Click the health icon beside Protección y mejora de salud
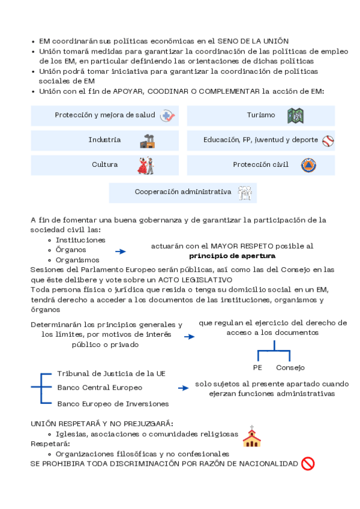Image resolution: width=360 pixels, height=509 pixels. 167,116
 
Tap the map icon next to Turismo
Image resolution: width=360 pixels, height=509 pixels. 295,115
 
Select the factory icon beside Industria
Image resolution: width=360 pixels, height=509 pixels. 148,140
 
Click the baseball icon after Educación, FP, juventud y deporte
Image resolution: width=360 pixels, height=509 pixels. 328,140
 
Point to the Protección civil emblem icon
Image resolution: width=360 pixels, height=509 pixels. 308,165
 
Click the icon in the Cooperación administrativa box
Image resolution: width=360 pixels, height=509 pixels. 244,193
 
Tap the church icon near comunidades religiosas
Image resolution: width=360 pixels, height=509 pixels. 251,437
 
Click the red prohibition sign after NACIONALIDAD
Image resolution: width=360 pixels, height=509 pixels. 308,463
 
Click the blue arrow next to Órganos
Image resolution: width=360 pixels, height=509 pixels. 121,252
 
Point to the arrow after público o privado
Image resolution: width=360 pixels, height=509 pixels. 190,337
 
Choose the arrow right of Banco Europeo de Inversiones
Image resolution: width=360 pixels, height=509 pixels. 183,388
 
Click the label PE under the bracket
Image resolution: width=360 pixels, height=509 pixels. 257,367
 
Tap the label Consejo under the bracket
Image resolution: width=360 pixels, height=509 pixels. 290,367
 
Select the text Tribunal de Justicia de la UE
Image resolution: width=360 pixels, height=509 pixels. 111,373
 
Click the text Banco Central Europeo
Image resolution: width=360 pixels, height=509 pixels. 100,388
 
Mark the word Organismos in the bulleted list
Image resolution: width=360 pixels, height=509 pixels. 77,260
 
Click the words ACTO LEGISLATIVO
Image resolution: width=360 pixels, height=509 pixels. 197,280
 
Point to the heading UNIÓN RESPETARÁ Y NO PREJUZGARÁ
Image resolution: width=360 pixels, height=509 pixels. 102,423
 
